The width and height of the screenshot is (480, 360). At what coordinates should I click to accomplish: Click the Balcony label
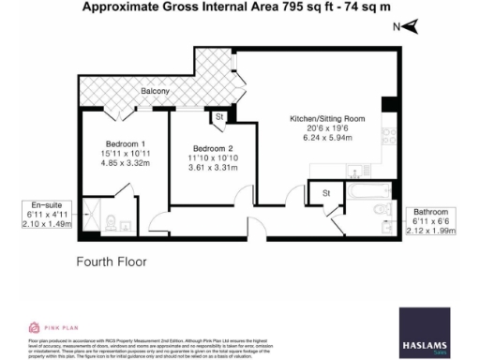point(156,91)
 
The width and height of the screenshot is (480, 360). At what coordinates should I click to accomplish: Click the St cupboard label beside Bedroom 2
point(218,118)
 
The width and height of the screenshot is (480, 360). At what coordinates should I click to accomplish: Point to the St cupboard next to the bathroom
point(327,194)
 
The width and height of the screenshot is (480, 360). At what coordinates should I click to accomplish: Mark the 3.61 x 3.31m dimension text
point(211,168)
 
